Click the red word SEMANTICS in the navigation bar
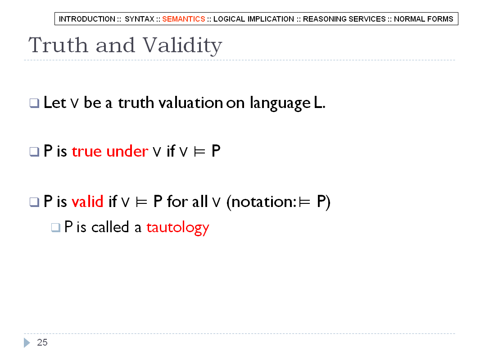(183, 19)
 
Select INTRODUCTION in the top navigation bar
(87, 19)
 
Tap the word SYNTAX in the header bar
(139, 19)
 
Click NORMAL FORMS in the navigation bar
(423, 19)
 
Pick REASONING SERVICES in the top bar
(344, 19)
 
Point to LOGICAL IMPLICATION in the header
(254, 19)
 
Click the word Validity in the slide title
(182, 45)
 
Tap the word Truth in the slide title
(59, 45)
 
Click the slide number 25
(42, 342)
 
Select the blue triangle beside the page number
(27, 342)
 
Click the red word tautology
(177, 228)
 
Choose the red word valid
(87, 202)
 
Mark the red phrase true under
(110, 151)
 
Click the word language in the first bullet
(280, 103)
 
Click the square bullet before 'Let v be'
(34, 103)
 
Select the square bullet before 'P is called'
(56, 228)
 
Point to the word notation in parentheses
(262, 202)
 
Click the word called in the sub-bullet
(110, 227)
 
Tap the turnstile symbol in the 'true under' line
(199, 152)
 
